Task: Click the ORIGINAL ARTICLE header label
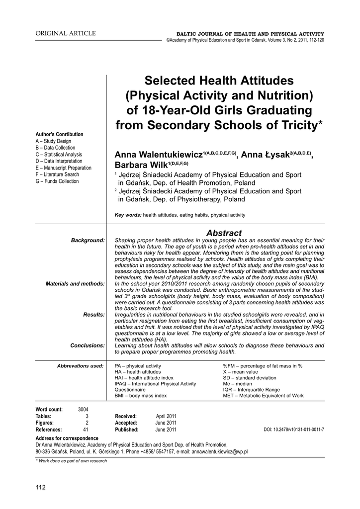pos(65,33)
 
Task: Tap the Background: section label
pos(88,241)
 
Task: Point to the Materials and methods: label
pos(75,283)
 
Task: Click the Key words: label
pos(128,215)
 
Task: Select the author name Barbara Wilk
pos(141,165)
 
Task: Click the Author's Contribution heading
pos(59,134)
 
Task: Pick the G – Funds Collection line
pos(57,181)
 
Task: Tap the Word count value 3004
pos(83,409)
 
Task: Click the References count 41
pos(86,429)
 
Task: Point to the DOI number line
pos(293,429)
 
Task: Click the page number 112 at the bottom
pos(40,487)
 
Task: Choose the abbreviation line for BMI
pos(141,396)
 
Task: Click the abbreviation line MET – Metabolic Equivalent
pos(263,396)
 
